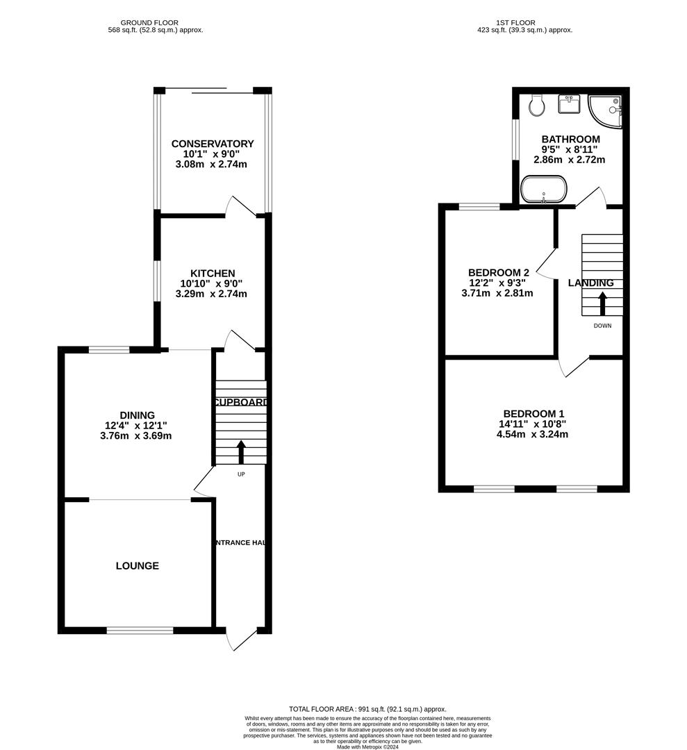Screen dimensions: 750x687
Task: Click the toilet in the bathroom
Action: pos(536,106)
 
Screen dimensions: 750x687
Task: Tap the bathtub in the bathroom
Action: pos(544,188)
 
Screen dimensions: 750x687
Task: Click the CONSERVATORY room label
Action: pos(213,144)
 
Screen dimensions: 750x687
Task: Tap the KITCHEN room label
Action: pos(213,274)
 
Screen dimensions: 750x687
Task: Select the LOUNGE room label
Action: pos(138,566)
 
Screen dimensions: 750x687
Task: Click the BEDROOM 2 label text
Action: pos(499,272)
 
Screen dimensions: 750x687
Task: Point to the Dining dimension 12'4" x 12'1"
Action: pos(135,425)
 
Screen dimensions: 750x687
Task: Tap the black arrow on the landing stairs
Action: pos(602,304)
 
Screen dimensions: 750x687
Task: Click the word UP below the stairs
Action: pos(241,474)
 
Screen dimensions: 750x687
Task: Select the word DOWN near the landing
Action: pos(602,326)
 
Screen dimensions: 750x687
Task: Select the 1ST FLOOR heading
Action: pos(524,22)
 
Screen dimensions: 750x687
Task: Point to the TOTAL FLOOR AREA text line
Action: pos(367,708)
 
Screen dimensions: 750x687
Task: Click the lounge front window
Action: pos(140,631)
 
